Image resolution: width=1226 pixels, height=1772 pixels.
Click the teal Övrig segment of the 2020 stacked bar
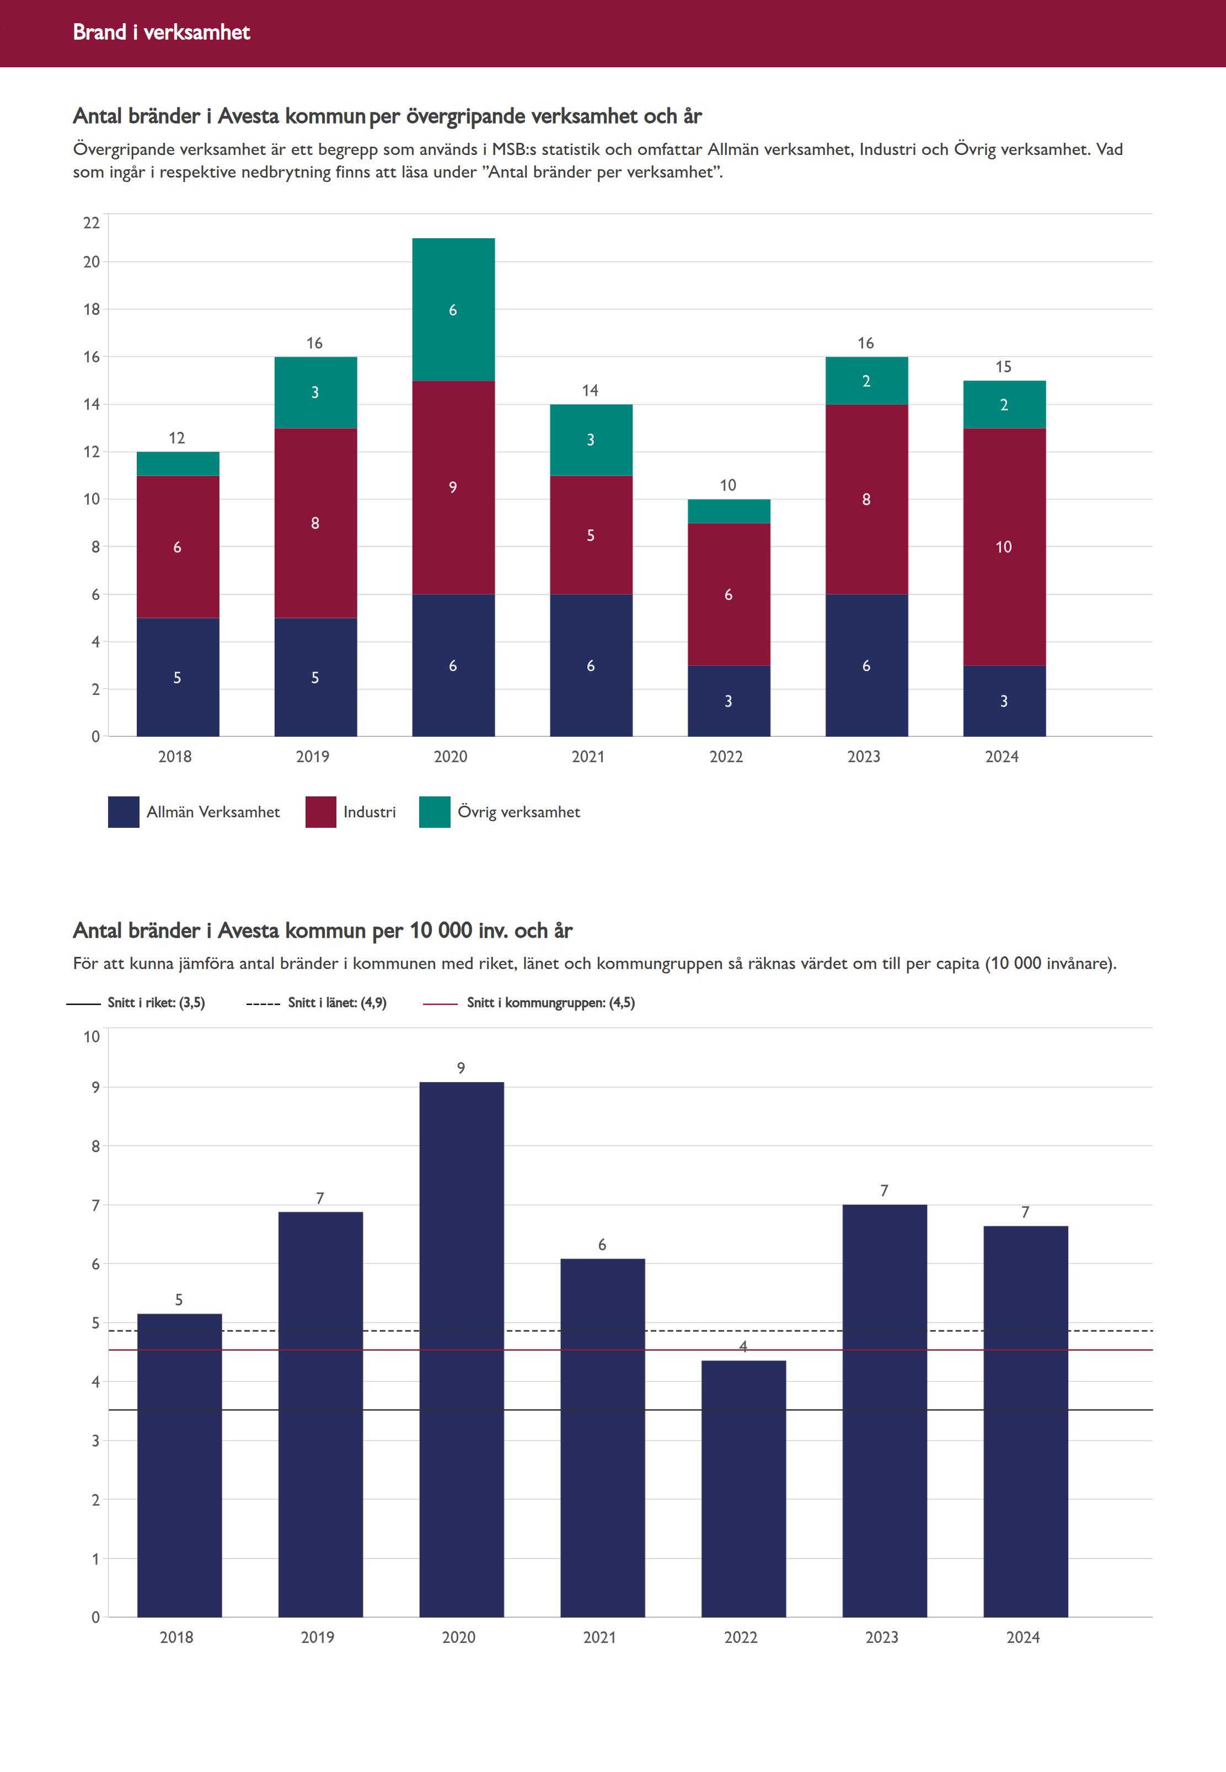click(453, 309)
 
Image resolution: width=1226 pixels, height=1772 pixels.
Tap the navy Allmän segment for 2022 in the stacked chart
click(728, 700)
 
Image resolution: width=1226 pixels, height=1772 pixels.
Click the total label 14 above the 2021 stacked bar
click(590, 390)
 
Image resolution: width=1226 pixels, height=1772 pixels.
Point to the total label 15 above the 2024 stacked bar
click(1003, 366)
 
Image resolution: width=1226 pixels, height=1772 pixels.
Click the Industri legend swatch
click(320, 812)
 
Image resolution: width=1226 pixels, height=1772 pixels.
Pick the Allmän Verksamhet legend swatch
click(124, 812)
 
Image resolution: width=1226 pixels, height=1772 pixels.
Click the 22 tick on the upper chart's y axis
click(92, 223)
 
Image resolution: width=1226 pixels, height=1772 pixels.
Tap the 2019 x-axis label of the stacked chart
click(313, 757)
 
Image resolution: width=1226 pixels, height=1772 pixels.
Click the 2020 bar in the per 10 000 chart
click(461, 1352)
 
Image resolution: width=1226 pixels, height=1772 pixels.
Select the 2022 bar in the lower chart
click(743, 1490)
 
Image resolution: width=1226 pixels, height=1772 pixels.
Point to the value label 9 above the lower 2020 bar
click(461, 1068)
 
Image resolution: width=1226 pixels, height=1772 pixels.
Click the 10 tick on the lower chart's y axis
click(92, 1036)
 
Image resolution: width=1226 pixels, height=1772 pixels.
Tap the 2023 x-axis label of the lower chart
click(882, 1637)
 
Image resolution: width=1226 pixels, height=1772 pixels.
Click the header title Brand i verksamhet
click(161, 32)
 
